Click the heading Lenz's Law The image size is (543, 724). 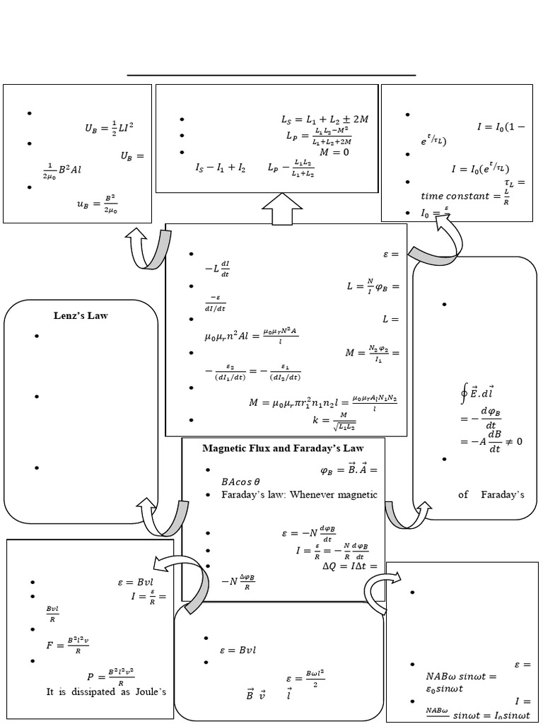(x=81, y=315)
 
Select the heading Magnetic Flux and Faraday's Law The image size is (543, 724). (x=283, y=448)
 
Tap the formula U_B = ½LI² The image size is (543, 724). (x=109, y=128)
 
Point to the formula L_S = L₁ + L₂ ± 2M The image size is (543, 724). (x=325, y=119)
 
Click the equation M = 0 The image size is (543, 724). (x=334, y=151)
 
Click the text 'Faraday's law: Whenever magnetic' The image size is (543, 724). (x=300, y=494)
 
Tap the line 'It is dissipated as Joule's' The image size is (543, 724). (x=106, y=692)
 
